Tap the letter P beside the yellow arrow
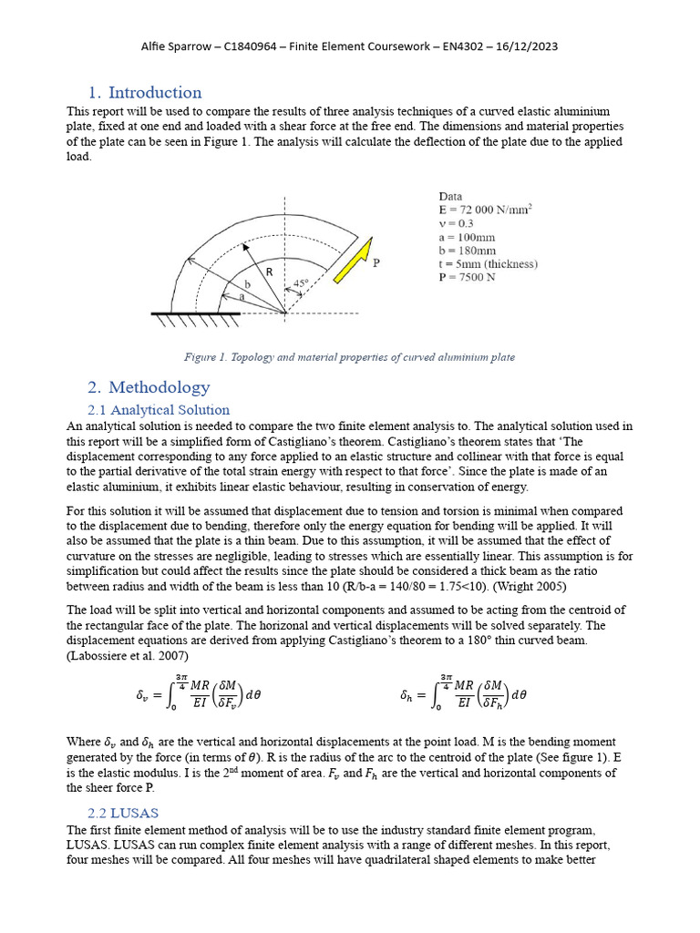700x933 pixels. point(377,262)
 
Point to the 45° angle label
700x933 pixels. point(301,283)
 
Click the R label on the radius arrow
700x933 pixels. point(269,272)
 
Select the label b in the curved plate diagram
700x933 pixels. point(247,285)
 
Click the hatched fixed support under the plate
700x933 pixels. point(195,319)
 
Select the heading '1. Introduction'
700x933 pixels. point(145,93)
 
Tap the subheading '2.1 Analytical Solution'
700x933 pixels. point(159,410)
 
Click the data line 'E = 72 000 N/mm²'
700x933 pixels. point(485,210)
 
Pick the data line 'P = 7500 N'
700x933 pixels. point(467,278)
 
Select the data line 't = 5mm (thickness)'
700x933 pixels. point(488,264)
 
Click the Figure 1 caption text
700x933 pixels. point(349,357)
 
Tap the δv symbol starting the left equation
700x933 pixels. point(142,695)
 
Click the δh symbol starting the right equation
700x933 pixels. point(407,695)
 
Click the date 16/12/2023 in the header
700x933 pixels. point(526,46)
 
